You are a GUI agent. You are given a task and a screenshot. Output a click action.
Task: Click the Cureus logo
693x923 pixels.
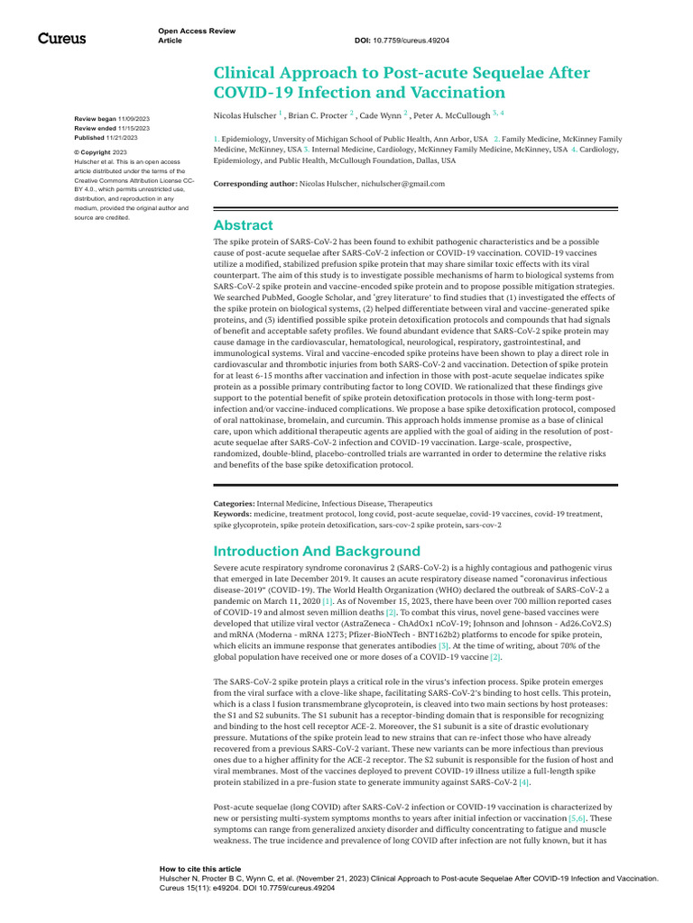click(x=61, y=38)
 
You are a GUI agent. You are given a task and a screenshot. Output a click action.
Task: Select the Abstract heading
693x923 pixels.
click(x=243, y=225)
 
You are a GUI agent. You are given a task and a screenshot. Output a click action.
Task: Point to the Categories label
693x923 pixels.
click(x=234, y=503)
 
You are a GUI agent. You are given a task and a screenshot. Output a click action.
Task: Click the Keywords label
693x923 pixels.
click(x=232, y=513)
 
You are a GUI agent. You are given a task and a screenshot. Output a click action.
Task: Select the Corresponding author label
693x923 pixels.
click(x=254, y=183)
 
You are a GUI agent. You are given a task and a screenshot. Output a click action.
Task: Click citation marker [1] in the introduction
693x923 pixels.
click(x=328, y=600)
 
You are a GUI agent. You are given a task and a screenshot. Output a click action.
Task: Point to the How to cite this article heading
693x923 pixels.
click(x=199, y=869)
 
